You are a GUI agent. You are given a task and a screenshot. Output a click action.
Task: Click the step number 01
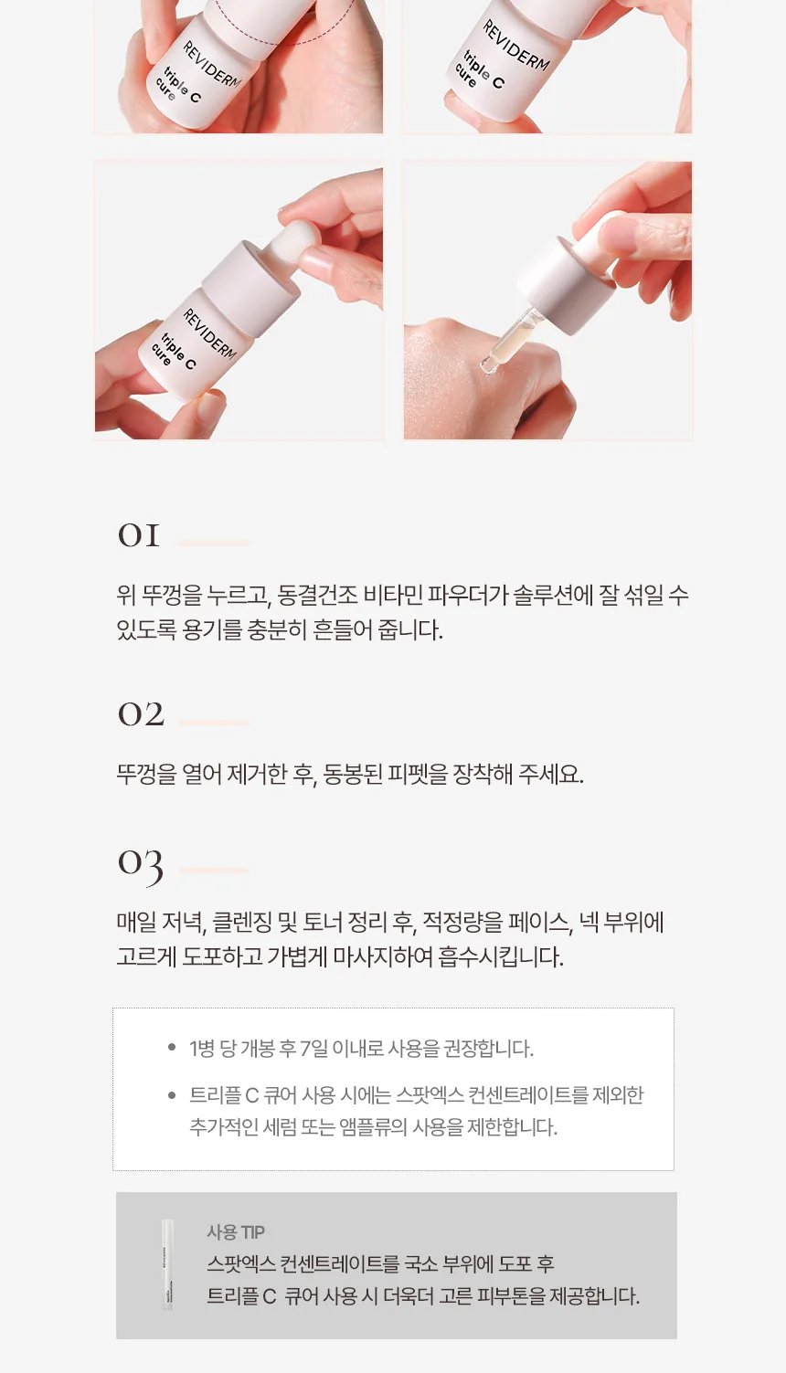point(139,535)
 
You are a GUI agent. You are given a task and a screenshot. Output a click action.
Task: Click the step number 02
point(141,714)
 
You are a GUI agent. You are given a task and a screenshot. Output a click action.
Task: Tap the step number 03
point(141,864)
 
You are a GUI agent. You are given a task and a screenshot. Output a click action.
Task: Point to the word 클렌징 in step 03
point(241,923)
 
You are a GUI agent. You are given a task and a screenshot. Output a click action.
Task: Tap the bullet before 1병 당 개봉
point(171,1048)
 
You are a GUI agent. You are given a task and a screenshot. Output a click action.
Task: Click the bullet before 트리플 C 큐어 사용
point(171,1094)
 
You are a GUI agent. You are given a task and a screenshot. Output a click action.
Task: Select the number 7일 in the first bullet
point(313,1048)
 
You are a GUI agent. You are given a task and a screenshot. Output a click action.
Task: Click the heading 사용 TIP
point(236,1231)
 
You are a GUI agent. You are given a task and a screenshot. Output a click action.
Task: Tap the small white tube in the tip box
point(167,1263)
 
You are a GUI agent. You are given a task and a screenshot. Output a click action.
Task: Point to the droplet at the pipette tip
point(489,365)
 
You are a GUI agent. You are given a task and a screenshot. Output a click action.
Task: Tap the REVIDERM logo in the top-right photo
point(516,46)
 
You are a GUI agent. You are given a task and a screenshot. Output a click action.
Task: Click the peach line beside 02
point(214,723)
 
